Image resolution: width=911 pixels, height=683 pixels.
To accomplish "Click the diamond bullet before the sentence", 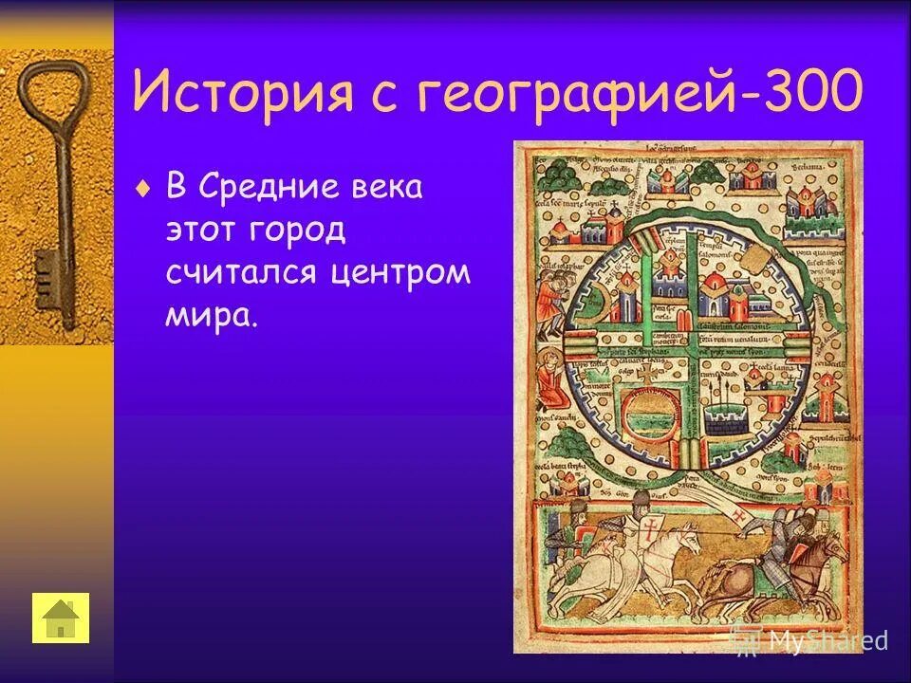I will point(143,189).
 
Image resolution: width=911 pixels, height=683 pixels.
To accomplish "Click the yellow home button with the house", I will point(61,618).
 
